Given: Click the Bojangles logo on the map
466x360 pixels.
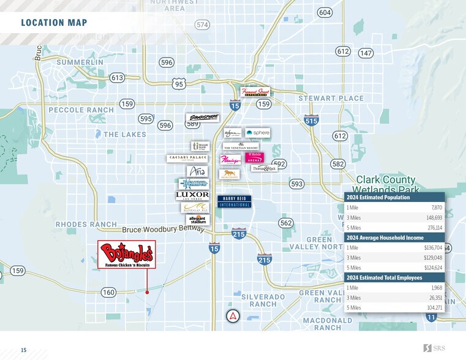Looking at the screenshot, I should point(127,254).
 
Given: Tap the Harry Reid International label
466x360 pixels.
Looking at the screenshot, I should point(234,201).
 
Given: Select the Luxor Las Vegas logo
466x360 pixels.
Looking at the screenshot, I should point(192,196).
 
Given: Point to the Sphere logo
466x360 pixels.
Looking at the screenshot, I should point(257,132).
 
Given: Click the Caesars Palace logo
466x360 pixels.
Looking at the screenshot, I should point(187,158).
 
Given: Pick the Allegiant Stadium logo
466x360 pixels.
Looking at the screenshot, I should point(197,220).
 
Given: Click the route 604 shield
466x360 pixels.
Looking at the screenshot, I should point(325,13).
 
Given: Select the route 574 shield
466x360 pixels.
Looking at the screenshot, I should point(203,24).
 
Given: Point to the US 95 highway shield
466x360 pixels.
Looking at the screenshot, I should point(179,84).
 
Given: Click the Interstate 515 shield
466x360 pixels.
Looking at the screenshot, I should point(311,121).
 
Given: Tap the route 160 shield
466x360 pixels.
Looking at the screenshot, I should point(108,293).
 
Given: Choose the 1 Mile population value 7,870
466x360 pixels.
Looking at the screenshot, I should point(436,208).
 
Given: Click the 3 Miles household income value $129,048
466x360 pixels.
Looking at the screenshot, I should point(432,258).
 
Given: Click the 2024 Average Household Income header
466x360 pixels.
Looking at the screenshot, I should point(384,238).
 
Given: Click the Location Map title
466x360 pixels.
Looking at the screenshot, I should point(54,23).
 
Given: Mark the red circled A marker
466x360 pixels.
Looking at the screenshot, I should point(233,317).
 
